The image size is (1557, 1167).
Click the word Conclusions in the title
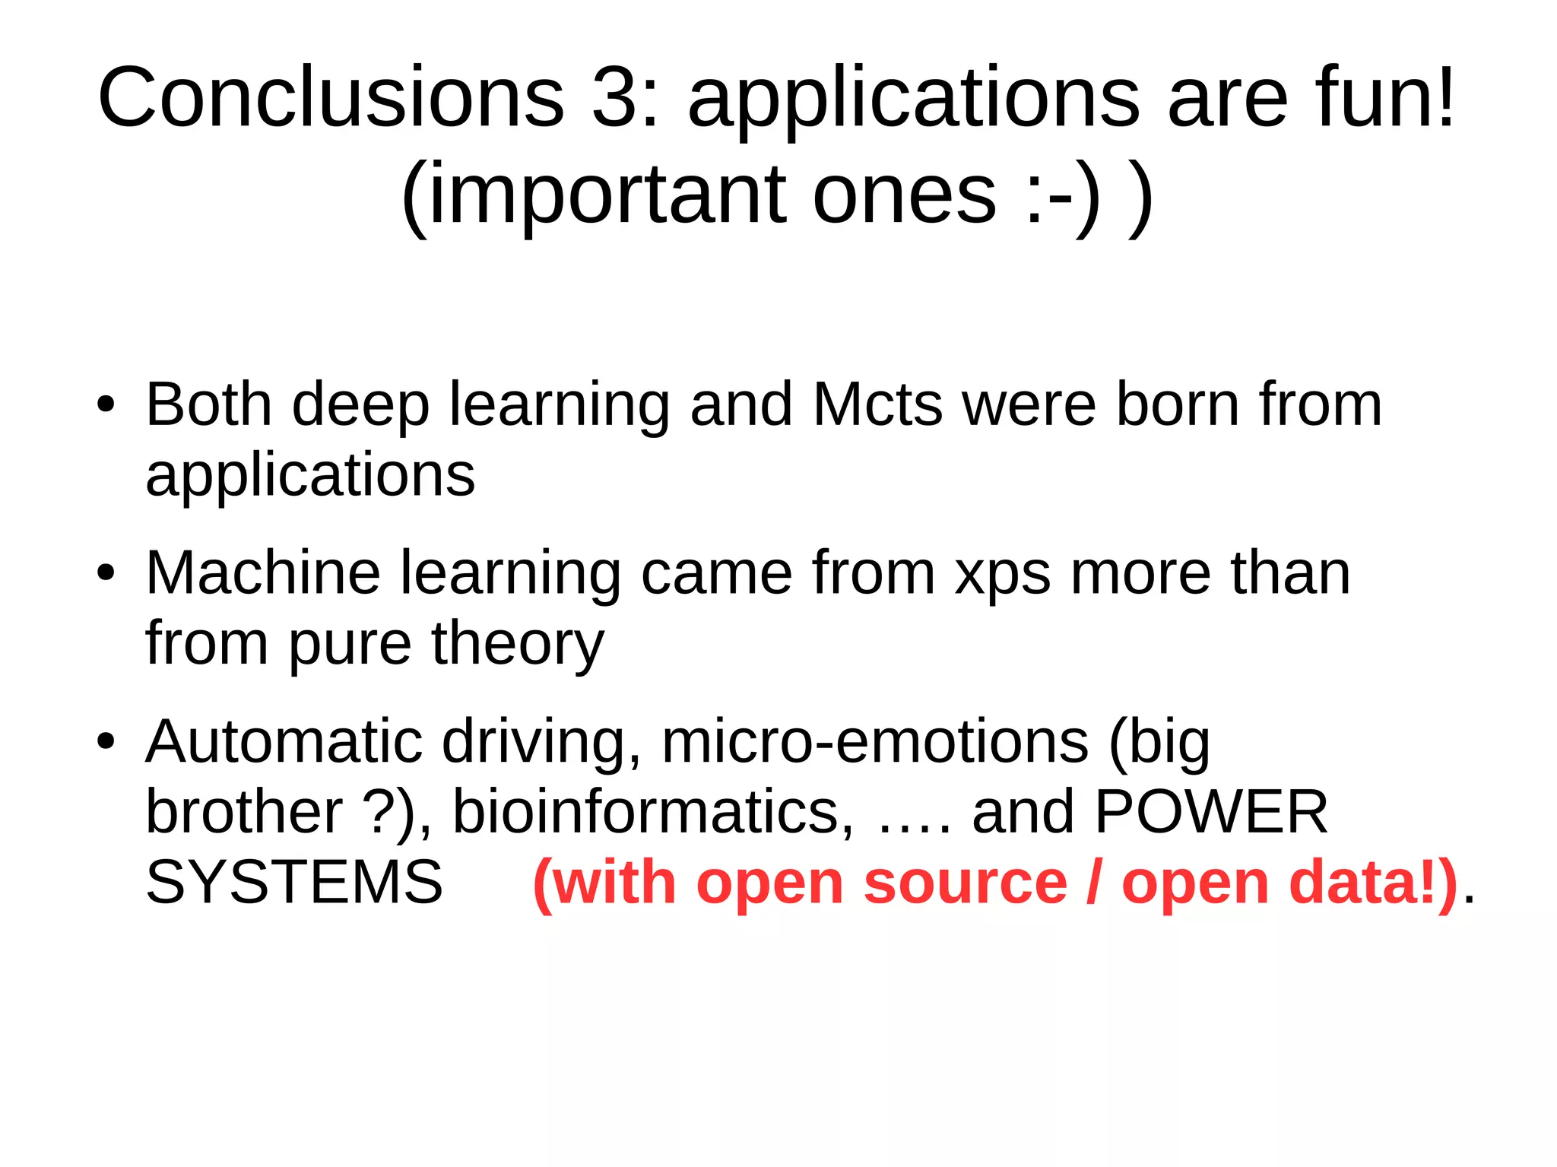pyautogui.click(x=331, y=99)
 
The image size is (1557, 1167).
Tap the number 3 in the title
pyautogui.click(x=614, y=99)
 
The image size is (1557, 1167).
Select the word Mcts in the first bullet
pyautogui.click(x=878, y=404)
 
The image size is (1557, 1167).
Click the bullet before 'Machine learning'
pyautogui.click(x=106, y=573)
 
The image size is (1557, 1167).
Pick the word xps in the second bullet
pyautogui.click(x=1003, y=575)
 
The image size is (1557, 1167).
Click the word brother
pyautogui.click(x=244, y=811)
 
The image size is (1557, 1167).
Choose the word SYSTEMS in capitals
pyautogui.click(x=294, y=882)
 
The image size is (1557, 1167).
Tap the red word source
pyautogui.click(x=966, y=883)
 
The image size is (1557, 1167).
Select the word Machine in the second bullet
pyautogui.click(x=263, y=573)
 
